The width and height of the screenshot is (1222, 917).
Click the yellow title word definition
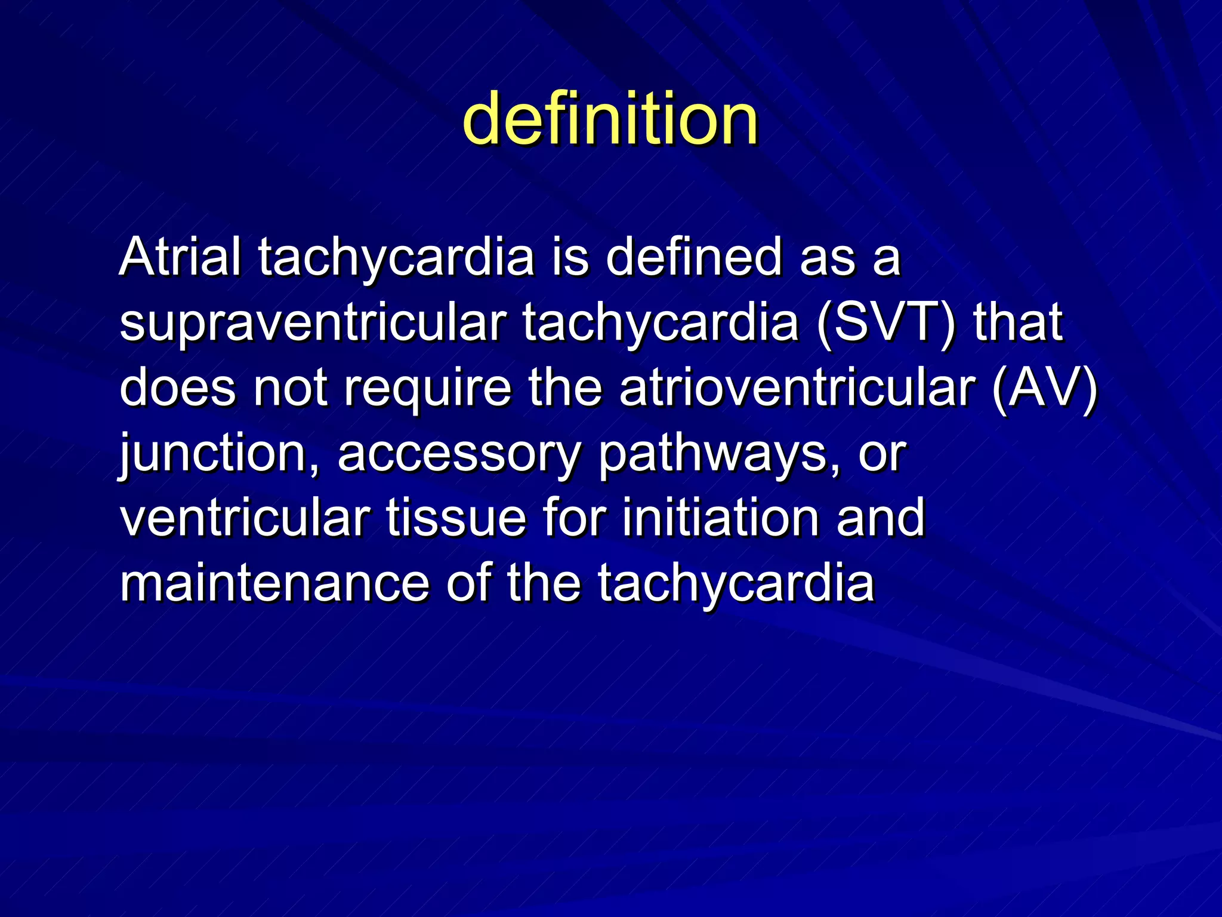click(610, 119)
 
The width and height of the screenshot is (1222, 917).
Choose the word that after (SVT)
click(1018, 322)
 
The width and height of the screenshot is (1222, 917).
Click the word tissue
click(456, 518)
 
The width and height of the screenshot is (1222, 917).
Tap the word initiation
click(720, 518)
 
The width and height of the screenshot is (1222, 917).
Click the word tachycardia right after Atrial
click(396, 258)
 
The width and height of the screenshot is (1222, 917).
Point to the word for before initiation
click(573, 518)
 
